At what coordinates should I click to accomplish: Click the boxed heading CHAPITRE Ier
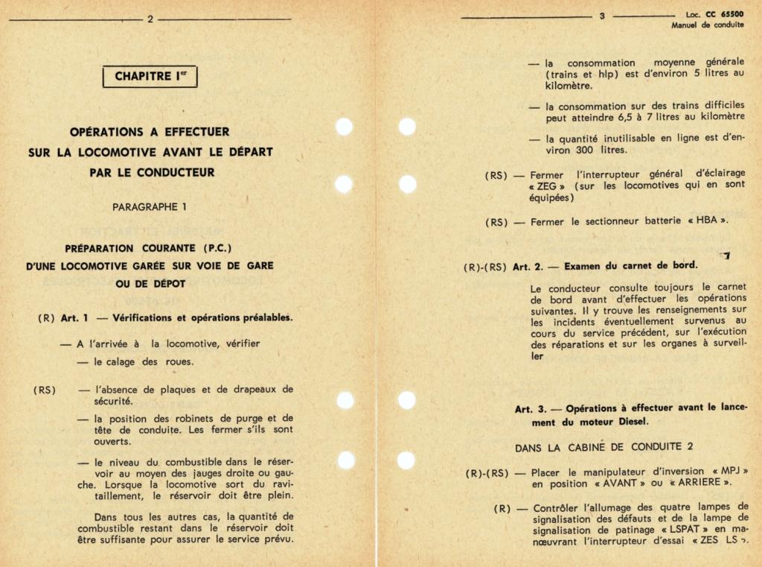(150, 76)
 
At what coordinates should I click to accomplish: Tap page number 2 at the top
(150, 19)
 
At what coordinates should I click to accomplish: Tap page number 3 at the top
(602, 16)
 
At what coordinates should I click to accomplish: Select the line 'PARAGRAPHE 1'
(150, 207)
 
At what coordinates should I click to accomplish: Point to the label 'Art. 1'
(74, 317)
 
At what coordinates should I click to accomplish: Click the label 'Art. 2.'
(531, 266)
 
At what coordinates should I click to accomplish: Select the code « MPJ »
(729, 472)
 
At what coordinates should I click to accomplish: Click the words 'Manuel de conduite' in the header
(707, 25)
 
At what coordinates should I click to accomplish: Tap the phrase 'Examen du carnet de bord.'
(630, 266)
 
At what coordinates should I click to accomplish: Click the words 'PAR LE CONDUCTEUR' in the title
(150, 172)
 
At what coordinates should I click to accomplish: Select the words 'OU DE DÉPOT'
(150, 284)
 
